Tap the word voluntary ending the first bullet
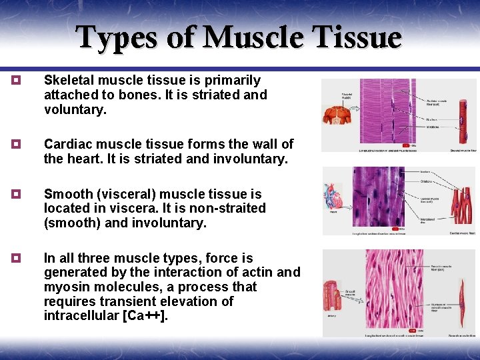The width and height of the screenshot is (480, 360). [74, 110]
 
